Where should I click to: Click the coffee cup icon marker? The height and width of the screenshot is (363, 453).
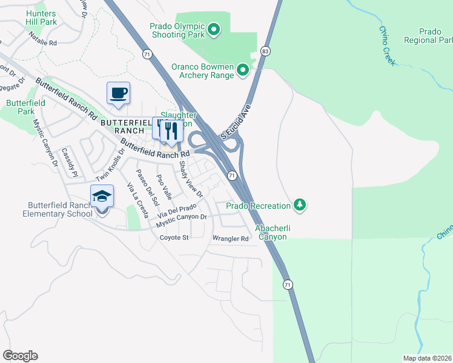click(x=118, y=93)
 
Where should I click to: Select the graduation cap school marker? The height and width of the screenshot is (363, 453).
click(x=102, y=197)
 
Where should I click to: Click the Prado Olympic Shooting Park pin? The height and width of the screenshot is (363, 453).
click(x=213, y=29)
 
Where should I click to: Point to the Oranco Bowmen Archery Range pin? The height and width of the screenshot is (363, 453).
click(x=243, y=71)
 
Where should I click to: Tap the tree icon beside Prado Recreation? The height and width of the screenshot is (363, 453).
click(x=299, y=206)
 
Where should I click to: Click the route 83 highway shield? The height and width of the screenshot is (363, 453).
click(x=265, y=51)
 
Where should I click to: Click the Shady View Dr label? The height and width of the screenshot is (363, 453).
click(x=190, y=180)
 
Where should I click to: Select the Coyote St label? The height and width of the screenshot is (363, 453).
click(x=174, y=238)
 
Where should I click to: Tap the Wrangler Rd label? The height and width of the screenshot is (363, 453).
click(x=230, y=239)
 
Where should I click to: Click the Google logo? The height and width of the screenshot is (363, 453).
click(x=20, y=356)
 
